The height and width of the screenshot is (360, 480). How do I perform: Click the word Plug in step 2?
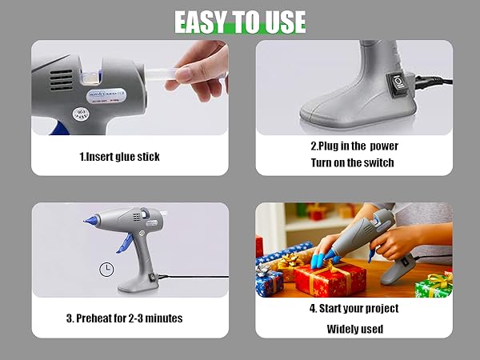click(327, 146)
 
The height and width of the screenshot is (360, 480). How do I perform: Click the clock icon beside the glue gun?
click(106, 270)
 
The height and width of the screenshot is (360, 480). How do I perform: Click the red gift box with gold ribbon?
click(328, 278)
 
